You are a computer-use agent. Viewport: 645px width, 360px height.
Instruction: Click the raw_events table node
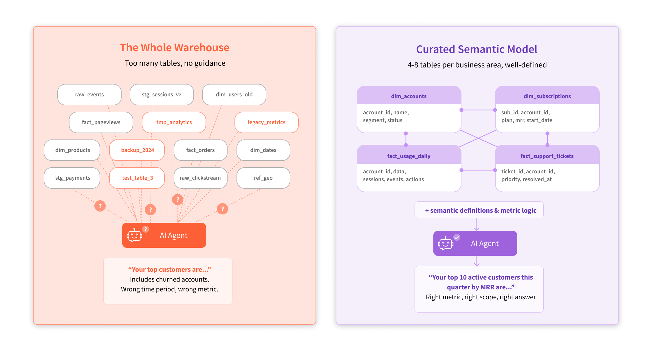pos(89,95)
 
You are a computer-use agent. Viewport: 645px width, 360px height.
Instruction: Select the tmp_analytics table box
pos(174,122)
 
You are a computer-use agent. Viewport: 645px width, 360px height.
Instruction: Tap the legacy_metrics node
pos(266,122)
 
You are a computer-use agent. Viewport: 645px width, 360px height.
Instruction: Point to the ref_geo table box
pos(263,178)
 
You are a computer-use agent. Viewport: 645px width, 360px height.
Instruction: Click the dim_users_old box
pos(234,95)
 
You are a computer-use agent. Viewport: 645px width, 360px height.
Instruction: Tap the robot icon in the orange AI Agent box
pos(134,235)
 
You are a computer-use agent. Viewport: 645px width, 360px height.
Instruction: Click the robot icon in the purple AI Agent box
pos(446,243)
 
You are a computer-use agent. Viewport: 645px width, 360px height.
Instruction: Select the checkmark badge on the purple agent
pos(457,237)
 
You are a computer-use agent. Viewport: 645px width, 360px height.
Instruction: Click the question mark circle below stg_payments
pos(100,206)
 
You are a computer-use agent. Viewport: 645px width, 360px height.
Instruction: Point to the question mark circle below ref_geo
pos(222,209)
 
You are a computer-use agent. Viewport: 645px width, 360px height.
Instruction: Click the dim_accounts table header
pos(409,96)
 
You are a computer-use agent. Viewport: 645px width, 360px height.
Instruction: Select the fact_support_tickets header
pos(547,156)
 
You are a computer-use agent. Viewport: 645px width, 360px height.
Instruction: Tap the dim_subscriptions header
pos(547,96)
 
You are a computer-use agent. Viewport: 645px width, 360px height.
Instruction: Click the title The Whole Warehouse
pos(175,47)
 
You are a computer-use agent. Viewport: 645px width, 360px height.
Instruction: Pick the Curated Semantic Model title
pos(477,49)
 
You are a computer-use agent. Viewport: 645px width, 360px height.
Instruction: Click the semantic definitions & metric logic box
pos(479,210)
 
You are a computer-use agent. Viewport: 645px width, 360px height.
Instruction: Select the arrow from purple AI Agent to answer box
pos(477,261)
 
